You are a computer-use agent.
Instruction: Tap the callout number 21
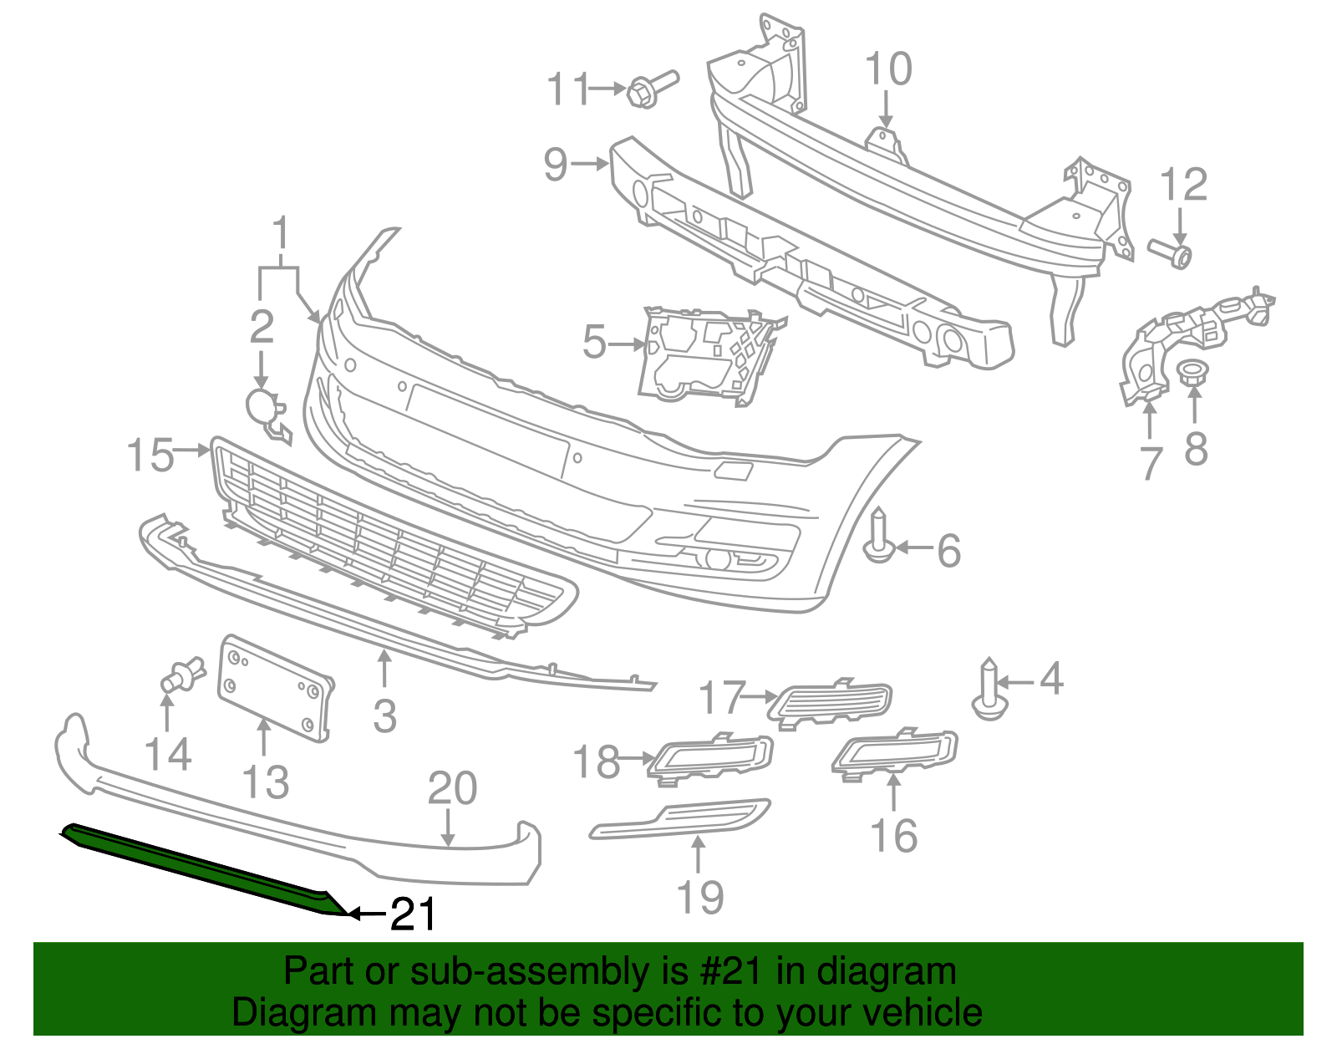(x=414, y=915)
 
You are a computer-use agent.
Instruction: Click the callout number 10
(x=887, y=69)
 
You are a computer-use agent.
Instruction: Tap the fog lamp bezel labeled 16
(x=896, y=752)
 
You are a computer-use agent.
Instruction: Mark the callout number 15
(x=150, y=456)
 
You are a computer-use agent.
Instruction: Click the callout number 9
(x=556, y=163)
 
